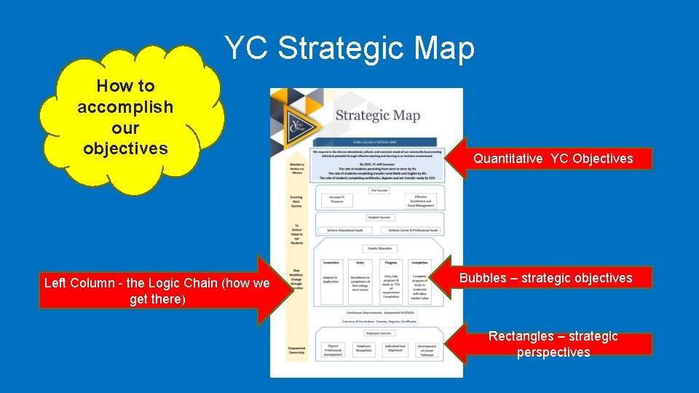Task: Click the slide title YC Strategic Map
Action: (x=349, y=49)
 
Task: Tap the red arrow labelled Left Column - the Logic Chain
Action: (x=157, y=291)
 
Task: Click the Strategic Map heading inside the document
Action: (x=377, y=115)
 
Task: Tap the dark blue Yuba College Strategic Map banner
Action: (x=374, y=143)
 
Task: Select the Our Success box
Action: (x=379, y=190)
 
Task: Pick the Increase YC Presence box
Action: (x=336, y=200)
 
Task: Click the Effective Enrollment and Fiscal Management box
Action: (x=422, y=200)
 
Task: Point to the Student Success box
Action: (x=379, y=217)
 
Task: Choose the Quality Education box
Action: (x=379, y=248)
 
